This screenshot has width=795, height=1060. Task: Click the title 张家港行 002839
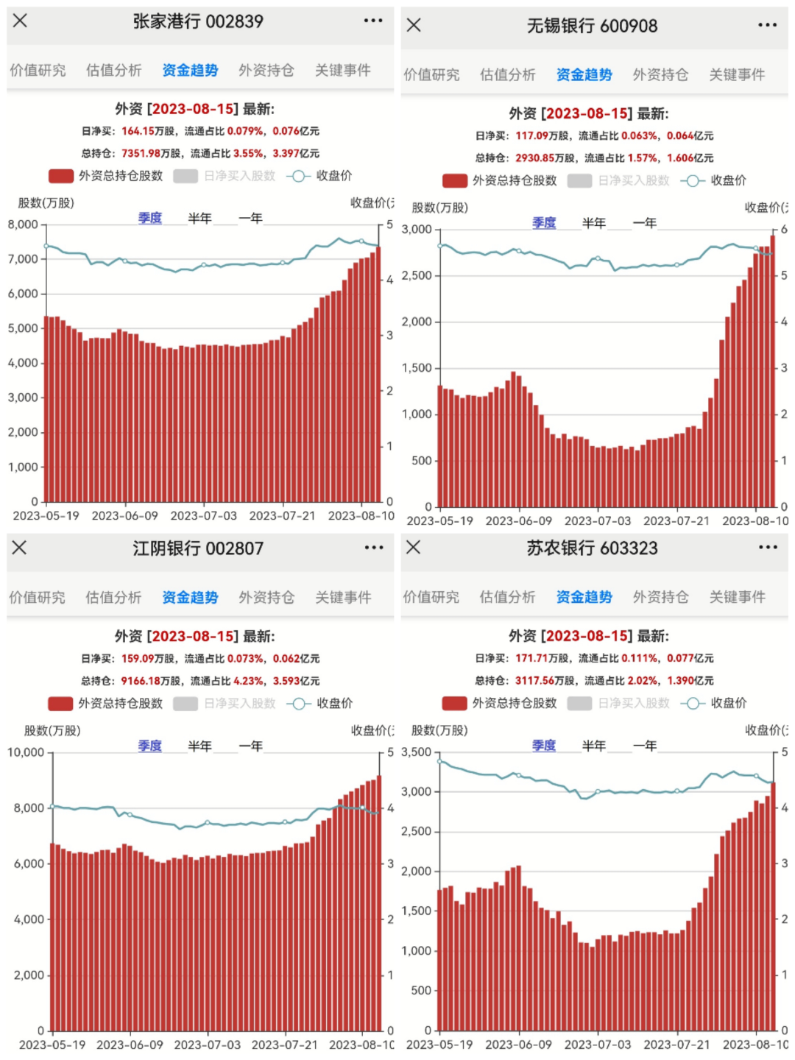tap(198, 22)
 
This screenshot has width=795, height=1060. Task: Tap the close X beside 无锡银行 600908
tap(414, 25)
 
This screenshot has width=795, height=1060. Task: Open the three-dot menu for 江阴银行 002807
tap(373, 548)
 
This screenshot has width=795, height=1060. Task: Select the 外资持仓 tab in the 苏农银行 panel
tap(660, 597)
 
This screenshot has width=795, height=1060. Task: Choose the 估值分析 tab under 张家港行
tap(113, 71)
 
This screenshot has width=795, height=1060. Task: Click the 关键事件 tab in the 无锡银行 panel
tap(737, 75)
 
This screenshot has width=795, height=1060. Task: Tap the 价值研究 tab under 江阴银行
tap(37, 598)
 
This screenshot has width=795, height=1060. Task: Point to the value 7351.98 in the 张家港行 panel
tap(141, 153)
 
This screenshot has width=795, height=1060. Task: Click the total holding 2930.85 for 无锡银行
tap(535, 158)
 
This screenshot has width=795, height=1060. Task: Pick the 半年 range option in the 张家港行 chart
tap(199, 219)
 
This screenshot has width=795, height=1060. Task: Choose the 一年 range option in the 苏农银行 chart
tap(645, 746)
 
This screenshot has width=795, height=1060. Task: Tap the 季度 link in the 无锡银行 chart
tap(544, 223)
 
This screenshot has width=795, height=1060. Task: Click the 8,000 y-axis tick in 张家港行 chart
tap(23, 225)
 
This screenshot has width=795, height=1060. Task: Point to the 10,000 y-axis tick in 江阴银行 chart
tap(26, 752)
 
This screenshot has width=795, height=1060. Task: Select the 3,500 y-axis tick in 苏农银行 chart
tap(416, 752)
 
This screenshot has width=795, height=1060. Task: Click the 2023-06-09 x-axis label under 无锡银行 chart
tap(518, 521)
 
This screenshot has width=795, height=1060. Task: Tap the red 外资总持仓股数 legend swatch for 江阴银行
tap(60, 704)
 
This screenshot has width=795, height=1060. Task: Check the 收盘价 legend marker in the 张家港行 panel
tap(297, 176)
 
